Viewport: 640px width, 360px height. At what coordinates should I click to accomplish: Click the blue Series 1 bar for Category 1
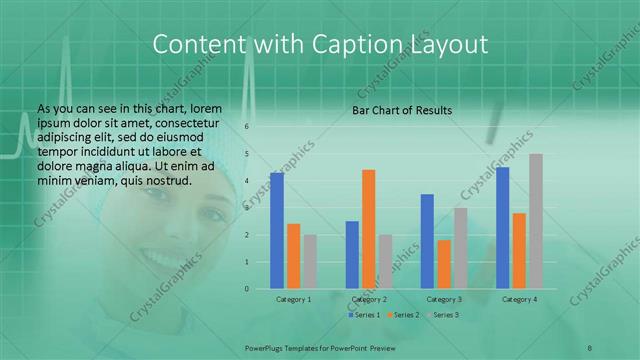pyautogui.click(x=277, y=231)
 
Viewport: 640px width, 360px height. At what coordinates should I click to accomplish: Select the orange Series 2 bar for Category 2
pyautogui.click(x=368, y=229)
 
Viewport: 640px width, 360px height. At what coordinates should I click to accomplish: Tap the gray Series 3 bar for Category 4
pyautogui.click(x=536, y=221)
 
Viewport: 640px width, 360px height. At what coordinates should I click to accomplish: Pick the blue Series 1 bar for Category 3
pyautogui.click(x=428, y=241)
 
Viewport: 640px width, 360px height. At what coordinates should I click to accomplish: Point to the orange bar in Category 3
pyautogui.click(x=444, y=264)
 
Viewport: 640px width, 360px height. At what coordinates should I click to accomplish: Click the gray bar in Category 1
pyautogui.click(x=310, y=262)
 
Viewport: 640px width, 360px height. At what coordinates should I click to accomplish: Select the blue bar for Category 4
pyautogui.click(x=503, y=228)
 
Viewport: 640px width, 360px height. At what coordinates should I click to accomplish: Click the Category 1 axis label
pyautogui.click(x=294, y=299)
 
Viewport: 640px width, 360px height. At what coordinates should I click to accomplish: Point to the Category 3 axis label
pyautogui.click(x=444, y=299)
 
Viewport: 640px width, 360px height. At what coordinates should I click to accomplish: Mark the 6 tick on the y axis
pyautogui.click(x=246, y=128)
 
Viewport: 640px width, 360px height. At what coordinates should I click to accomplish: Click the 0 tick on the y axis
pyautogui.click(x=246, y=289)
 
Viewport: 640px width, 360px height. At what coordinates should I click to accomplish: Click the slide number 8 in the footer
pyautogui.click(x=590, y=348)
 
